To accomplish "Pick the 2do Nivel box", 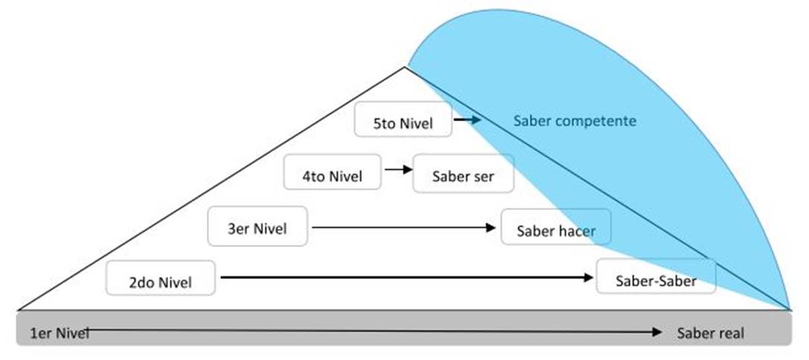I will [x=160, y=280].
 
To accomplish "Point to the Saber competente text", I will [x=575, y=120].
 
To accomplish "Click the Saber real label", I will [x=710, y=333].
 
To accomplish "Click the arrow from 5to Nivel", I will [x=468, y=119].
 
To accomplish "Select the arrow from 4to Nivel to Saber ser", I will [x=397, y=170].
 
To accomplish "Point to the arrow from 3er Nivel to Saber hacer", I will [x=404, y=226].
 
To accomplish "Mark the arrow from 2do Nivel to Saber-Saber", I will [x=406, y=277].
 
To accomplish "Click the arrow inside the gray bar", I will [x=372, y=330].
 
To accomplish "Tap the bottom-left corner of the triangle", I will [x=18, y=309].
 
